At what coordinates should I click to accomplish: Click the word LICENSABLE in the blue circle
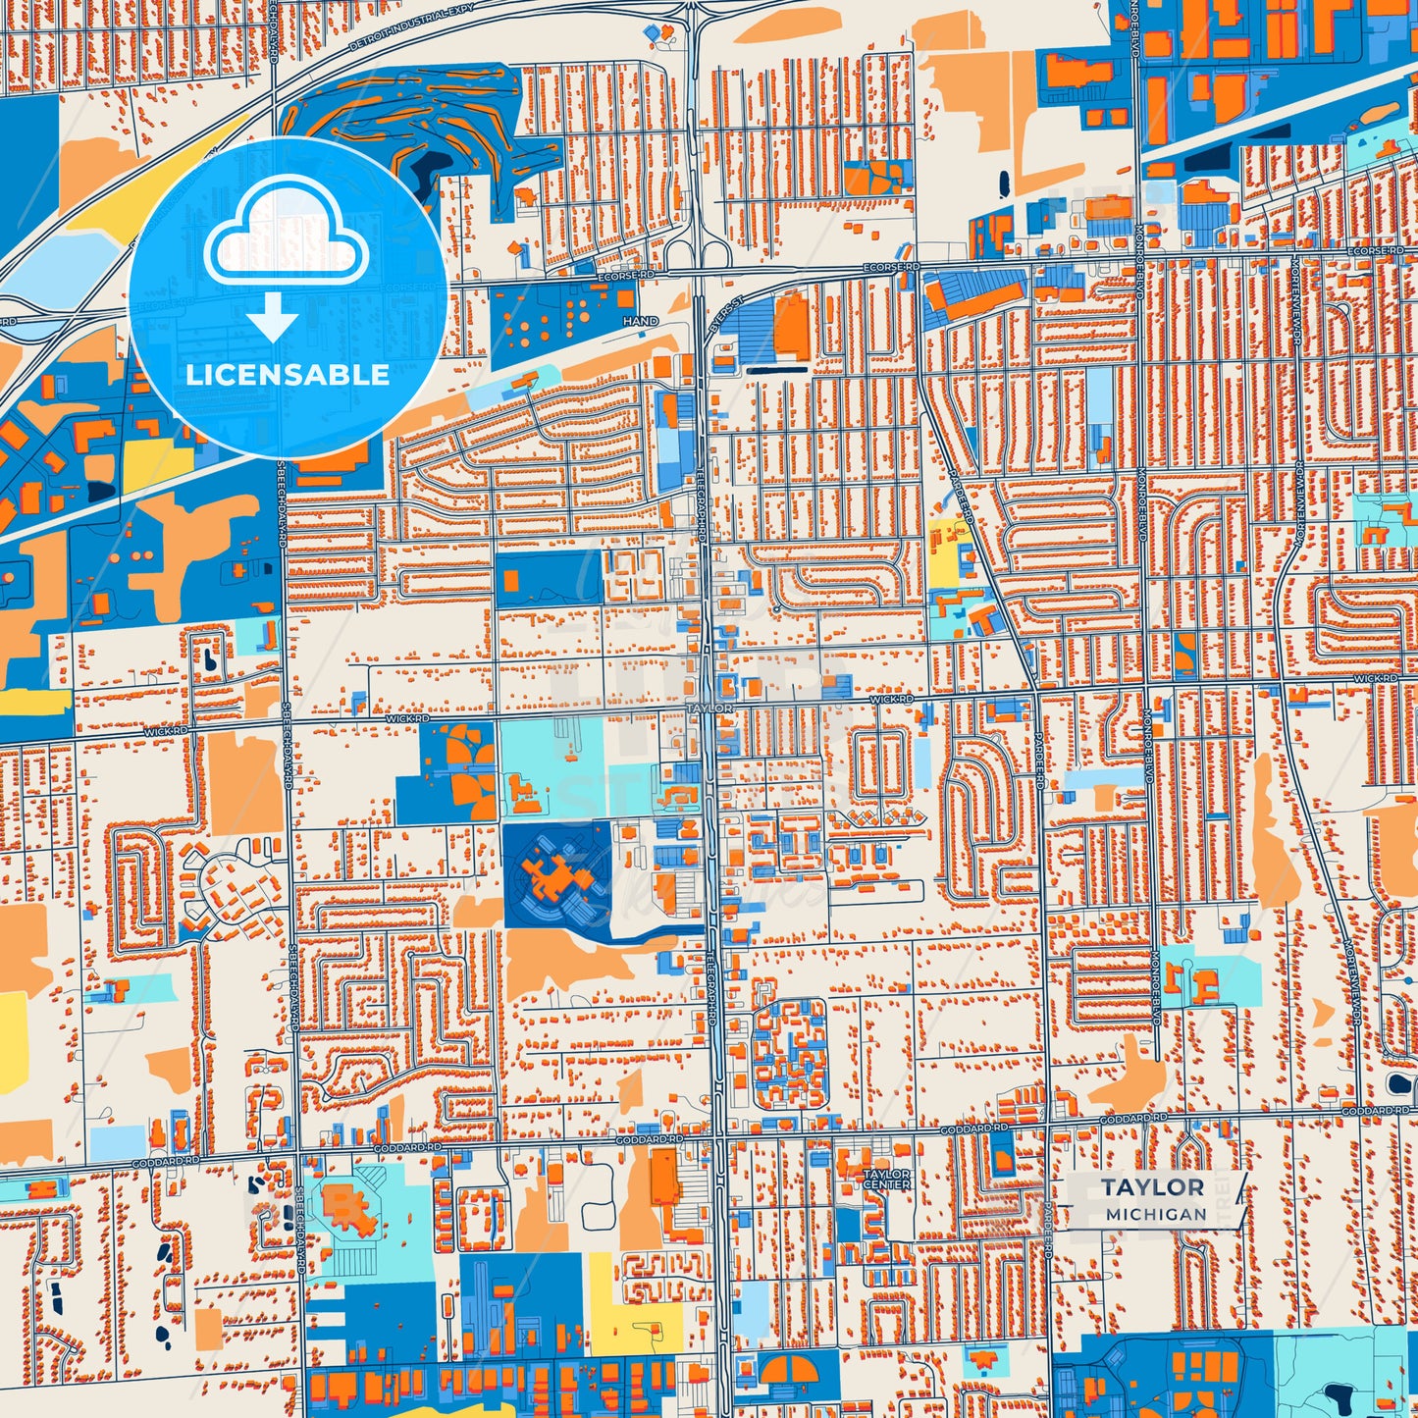287,375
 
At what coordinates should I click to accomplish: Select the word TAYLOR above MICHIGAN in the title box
1152,1187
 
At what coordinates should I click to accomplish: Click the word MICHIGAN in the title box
1156,1214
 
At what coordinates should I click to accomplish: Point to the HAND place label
640,321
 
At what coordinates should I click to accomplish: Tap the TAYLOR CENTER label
886,1179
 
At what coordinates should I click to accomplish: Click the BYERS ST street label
727,310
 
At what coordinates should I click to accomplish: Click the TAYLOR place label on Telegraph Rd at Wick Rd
709,708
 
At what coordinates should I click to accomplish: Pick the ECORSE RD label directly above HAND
632,276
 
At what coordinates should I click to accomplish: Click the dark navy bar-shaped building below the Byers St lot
777,371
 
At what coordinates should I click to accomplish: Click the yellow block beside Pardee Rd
945,555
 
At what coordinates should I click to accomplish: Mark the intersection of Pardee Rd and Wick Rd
1037,694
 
